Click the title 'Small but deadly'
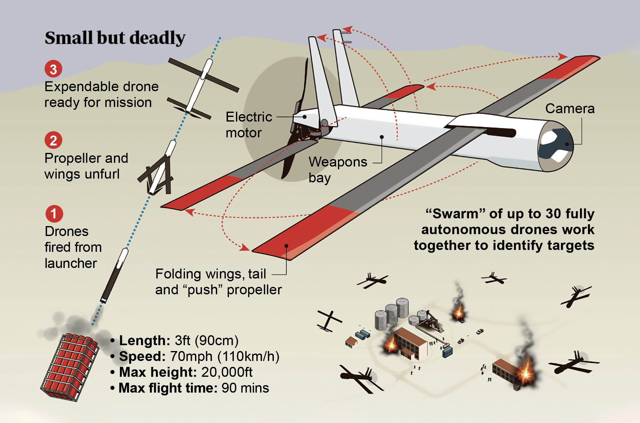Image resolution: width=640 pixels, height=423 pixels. (115, 38)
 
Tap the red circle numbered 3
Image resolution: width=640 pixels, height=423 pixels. (53, 69)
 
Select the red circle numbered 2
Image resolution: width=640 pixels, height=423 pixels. (53, 140)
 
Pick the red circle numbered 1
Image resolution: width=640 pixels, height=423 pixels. (54, 214)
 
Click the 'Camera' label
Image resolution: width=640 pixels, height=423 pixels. (570, 109)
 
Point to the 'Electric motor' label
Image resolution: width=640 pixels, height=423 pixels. (249, 125)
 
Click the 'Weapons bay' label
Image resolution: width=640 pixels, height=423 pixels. (338, 170)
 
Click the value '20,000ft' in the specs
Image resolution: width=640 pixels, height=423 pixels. (227, 372)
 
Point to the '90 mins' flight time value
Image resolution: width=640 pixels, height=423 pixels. (245, 388)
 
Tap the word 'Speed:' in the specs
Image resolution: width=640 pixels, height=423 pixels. (142, 356)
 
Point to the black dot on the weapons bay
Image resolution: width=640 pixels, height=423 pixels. (382, 137)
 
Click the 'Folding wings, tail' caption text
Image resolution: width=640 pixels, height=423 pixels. (211, 274)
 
